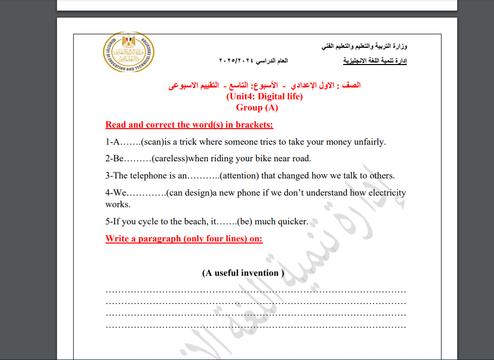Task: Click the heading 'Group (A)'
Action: [257, 107]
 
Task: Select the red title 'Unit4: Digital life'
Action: [264, 97]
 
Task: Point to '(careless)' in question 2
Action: [170, 158]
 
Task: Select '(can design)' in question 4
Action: [189, 193]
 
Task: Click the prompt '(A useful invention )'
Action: [243, 273]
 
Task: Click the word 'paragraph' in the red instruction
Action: [160, 238]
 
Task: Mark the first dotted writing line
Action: [256, 291]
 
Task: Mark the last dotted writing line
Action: [256, 326]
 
